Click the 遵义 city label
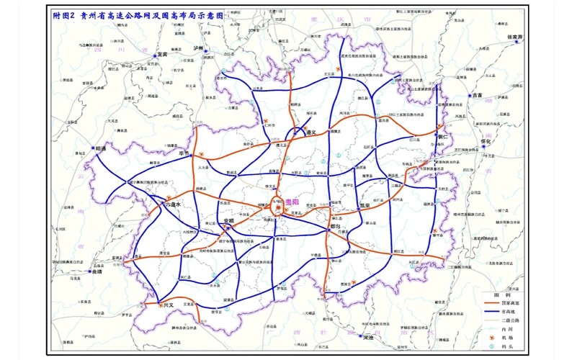click(x=311, y=132)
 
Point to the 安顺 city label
click(x=228, y=220)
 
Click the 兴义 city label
click(x=168, y=305)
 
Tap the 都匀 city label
click(x=334, y=226)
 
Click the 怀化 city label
click(x=489, y=142)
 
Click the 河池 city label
click(x=368, y=336)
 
